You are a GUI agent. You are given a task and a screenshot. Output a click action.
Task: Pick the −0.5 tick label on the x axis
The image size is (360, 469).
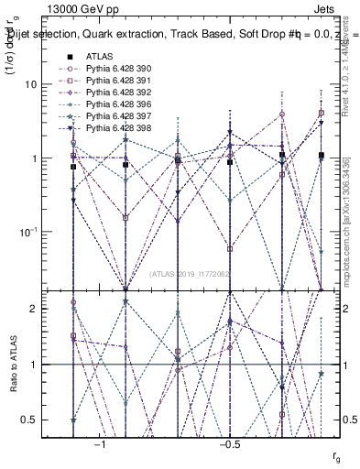coord(228,444)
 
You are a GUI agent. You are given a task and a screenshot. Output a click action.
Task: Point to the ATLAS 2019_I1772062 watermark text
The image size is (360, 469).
coord(191,274)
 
